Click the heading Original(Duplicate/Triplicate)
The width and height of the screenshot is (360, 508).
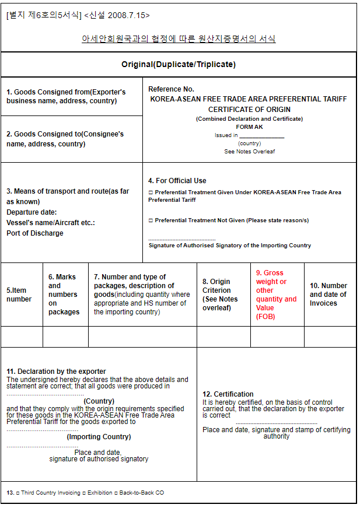pyautogui.click(x=179, y=65)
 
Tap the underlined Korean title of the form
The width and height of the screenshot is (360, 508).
pyautogui.click(x=179, y=39)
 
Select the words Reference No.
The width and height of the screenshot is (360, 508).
pyautogui.click(x=171, y=89)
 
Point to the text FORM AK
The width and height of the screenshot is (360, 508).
pyautogui.click(x=249, y=127)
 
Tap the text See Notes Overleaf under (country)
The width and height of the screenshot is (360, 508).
pyautogui.click(x=249, y=152)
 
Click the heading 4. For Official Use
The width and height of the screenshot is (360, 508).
pyautogui.click(x=177, y=181)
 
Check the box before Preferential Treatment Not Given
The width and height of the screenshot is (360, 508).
pyautogui.click(x=151, y=220)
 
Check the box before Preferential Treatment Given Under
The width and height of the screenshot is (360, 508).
pyautogui.click(x=151, y=192)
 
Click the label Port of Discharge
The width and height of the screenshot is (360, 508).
pyautogui.click(x=35, y=233)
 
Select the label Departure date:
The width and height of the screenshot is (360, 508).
pyautogui.click(x=32, y=212)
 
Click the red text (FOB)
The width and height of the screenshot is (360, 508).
pyautogui.click(x=265, y=317)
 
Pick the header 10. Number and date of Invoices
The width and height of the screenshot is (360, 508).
pyautogui.click(x=328, y=295)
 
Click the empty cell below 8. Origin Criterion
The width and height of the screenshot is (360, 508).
pyautogui.click(x=223, y=337)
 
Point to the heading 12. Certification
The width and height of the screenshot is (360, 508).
pyautogui.click(x=228, y=394)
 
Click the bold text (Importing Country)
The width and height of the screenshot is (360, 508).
pyautogui.click(x=99, y=437)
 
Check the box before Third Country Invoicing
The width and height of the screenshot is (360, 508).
pyautogui.click(x=18, y=493)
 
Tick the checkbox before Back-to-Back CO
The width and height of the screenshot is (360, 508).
pyautogui.click(x=116, y=493)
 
